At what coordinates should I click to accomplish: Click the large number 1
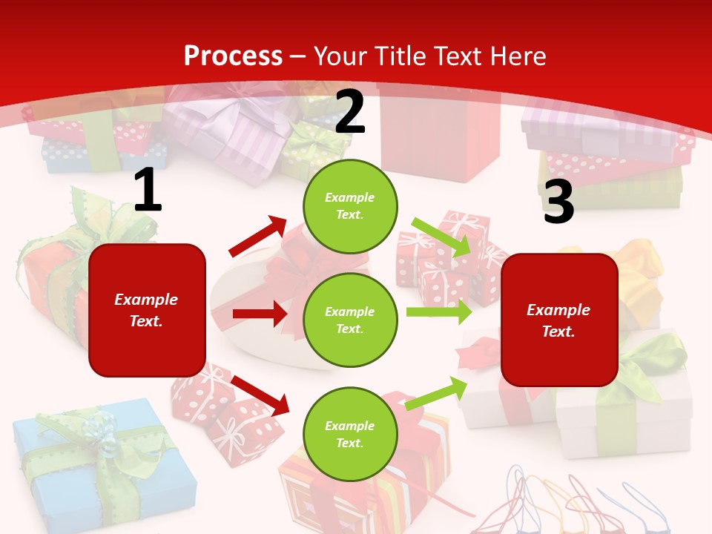pyautogui.click(x=148, y=191)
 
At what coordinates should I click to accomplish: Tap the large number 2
pyautogui.click(x=350, y=112)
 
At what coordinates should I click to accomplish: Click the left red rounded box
pyautogui.click(x=147, y=310)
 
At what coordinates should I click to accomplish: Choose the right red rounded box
pyautogui.click(x=559, y=320)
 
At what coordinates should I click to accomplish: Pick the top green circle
pyautogui.click(x=350, y=206)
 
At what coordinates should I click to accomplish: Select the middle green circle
pyautogui.click(x=350, y=320)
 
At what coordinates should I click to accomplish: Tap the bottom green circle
pyautogui.click(x=350, y=434)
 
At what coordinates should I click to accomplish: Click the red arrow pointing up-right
pyautogui.click(x=258, y=237)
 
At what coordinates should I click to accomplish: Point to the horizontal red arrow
pyautogui.click(x=260, y=314)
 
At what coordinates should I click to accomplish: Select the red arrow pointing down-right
pyautogui.click(x=260, y=395)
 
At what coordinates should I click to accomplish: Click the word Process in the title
pyautogui.click(x=233, y=56)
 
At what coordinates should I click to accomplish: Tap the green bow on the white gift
pyautogui.click(x=645, y=363)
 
